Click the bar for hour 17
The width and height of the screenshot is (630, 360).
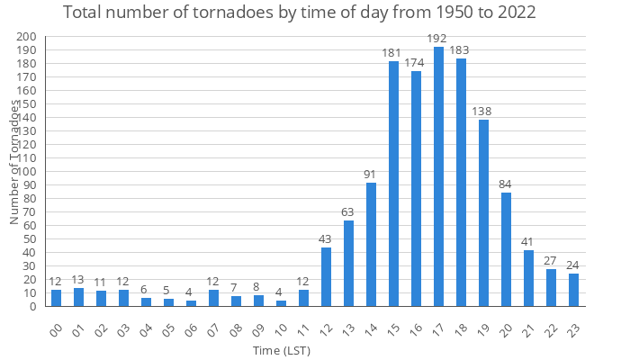438,176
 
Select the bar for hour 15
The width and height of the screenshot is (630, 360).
393,184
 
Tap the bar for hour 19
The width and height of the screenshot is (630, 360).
483,212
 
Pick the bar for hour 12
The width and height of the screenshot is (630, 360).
326,276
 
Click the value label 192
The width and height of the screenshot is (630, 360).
438,39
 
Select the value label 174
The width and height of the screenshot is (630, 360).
416,63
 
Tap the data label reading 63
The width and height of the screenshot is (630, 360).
348,212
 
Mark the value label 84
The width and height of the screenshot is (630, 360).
506,184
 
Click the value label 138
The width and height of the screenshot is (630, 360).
483,112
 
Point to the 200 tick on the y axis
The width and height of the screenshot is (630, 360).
27,37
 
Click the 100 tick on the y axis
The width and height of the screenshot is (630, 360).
27,171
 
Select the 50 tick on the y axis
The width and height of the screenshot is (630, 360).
30,238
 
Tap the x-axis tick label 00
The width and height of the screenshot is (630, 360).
58,328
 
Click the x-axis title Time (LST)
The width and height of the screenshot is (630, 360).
282,350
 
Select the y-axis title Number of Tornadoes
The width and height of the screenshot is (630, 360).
14,162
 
